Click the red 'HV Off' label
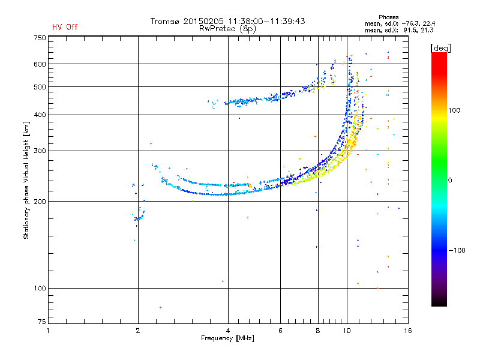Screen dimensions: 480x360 click(x=65, y=27)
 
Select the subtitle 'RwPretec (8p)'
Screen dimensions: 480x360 click(x=227, y=29)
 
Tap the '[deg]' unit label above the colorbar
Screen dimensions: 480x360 click(x=440, y=48)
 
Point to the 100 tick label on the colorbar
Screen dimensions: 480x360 click(x=454, y=110)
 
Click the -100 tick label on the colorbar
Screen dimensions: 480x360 click(x=457, y=250)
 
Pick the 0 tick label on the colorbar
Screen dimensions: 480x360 click(x=450, y=181)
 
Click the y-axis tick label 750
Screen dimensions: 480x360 click(x=40, y=38)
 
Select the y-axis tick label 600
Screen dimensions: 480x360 click(x=40, y=64)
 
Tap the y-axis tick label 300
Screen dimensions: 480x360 click(x=40, y=151)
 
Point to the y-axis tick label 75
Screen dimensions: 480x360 click(x=42, y=322)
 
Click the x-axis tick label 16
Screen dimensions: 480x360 click(x=408, y=331)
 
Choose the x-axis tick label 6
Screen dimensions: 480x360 click(x=280, y=331)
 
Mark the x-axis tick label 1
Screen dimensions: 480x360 click(x=48, y=331)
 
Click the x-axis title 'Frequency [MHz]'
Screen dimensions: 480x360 click(x=227, y=338)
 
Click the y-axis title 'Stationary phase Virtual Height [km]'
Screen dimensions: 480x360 click(x=26, y=180)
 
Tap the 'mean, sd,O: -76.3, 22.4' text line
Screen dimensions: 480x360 click(x=400, y=23)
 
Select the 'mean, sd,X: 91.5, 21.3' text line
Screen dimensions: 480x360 click(x=399, y=31)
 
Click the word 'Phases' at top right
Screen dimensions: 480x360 click(x=388, y=17)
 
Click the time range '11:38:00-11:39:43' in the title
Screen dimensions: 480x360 click(x=266, y=21)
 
